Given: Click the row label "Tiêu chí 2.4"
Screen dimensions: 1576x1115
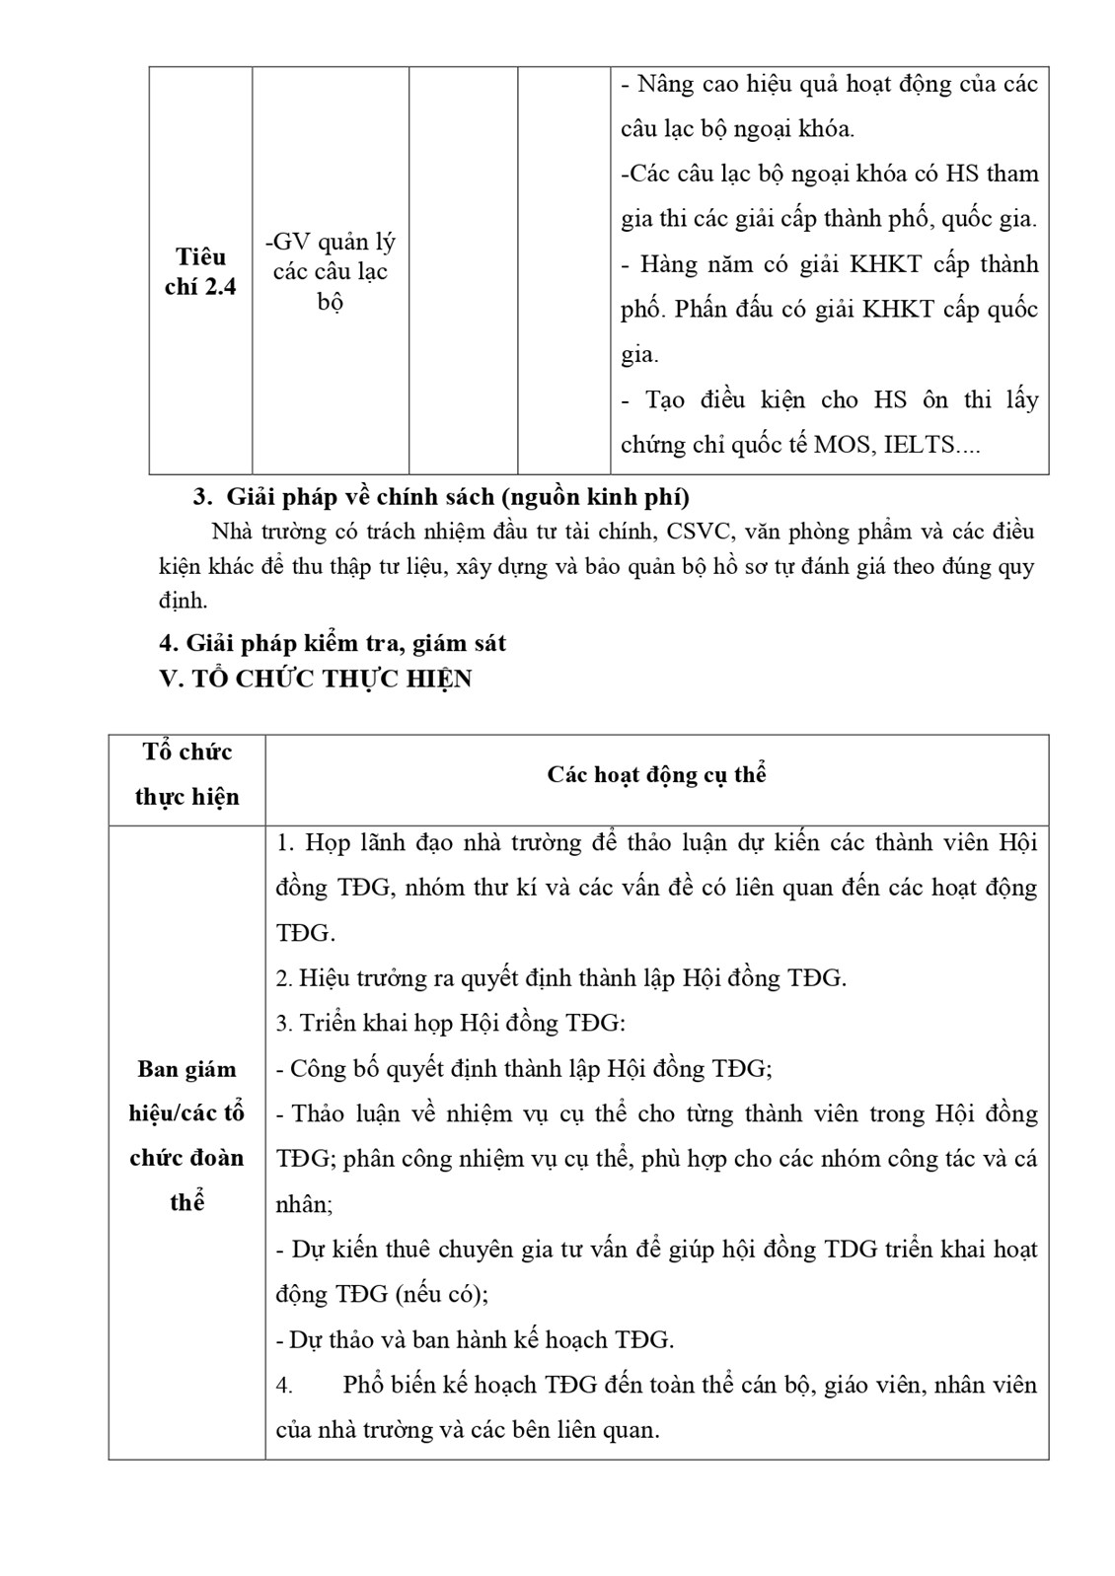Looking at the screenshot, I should [200, 271].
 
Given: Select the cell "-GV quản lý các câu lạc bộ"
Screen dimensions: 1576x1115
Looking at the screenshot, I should [331, 271].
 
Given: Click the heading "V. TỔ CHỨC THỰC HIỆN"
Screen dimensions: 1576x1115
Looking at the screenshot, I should [316, 679].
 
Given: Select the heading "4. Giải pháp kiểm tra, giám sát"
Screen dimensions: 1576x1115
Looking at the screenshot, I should [333, 643].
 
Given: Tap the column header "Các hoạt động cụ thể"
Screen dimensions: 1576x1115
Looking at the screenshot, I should [656, 774].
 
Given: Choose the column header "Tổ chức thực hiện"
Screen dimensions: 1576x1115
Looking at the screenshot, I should [186, 774].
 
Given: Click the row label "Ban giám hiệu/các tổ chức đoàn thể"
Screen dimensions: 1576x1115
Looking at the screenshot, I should [186, 1135].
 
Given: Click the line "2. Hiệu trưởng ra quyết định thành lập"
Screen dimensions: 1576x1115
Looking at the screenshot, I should [560, 978].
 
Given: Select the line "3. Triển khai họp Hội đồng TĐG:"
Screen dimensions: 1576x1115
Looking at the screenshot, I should [450, 1023].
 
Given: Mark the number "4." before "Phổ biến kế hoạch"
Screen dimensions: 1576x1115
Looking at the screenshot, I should [284, 1385].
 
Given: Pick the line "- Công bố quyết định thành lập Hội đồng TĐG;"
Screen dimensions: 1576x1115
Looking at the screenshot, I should [523, 1068].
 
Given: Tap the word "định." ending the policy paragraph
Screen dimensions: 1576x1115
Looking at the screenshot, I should [183, 601].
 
